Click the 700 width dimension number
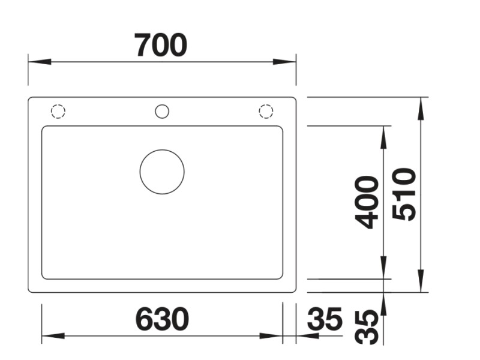tap(161, 46)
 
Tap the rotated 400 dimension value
tap(367, 202)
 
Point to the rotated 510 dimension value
tap(404, 194)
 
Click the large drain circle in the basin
tap(162, 172)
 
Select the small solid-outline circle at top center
tap(162, 111)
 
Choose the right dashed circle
tap(266, 111)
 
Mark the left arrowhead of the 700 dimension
tap(37, 62)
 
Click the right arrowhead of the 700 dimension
tap(287, 62)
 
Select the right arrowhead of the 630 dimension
tap(274, 335)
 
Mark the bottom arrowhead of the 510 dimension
tap(421, 283)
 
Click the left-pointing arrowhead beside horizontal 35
tap(306, 335)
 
